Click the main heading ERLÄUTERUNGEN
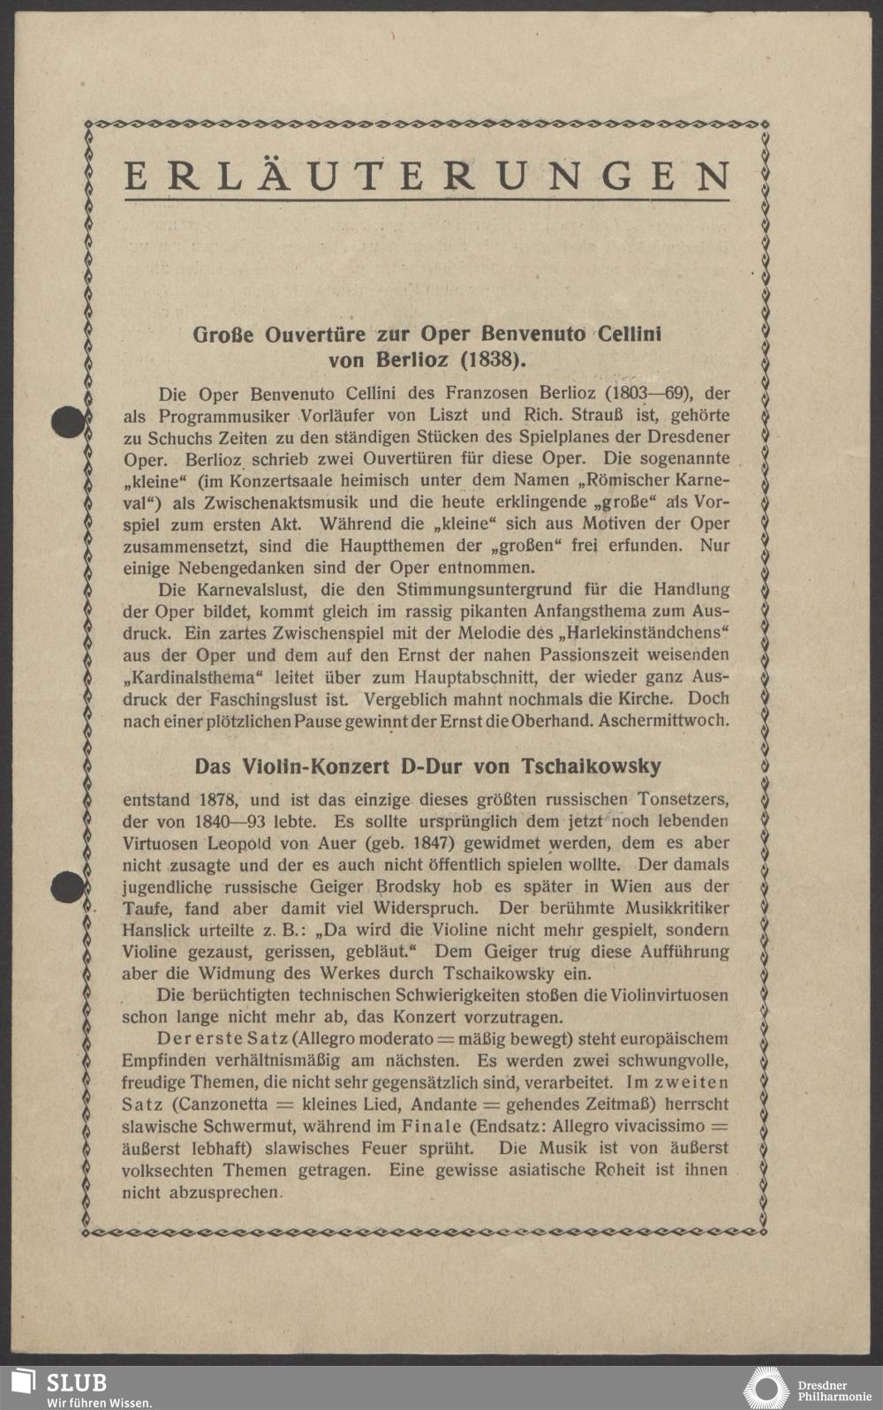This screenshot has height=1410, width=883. pos(427,177)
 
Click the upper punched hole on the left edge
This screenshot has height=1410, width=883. pos(68,422)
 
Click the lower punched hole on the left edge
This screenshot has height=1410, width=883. pos(67,886)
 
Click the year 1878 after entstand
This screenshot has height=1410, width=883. pos(216,800)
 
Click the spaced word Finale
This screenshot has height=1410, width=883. pos(432,1127)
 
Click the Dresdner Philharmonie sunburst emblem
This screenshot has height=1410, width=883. pos(766,1387)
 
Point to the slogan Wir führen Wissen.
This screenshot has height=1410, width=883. pos(99,1402)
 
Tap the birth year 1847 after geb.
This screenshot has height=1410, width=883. pos(428,843)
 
